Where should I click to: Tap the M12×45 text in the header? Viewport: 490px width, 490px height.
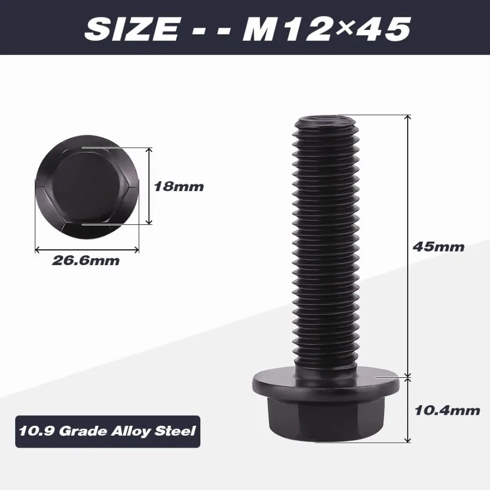pos(326,28)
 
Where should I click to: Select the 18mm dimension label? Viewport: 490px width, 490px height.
pos(179,187)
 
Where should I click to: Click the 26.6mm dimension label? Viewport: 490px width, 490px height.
pos(85,260)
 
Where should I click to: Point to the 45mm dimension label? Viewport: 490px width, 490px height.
pos(438,247)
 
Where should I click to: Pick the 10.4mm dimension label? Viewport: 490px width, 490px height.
pos(447,410)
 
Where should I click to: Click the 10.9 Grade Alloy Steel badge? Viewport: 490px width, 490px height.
pos(107,431)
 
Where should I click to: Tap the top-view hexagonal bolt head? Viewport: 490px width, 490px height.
pos(87,186)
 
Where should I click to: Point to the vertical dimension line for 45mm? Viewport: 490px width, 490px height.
pos(407,245)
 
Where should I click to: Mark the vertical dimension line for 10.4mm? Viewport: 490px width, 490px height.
pos(407,408)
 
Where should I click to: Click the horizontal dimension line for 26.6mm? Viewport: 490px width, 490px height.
pos(87,249)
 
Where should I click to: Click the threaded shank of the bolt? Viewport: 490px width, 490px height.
pos(325,234)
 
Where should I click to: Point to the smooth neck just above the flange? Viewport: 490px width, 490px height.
pos(325,364)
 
